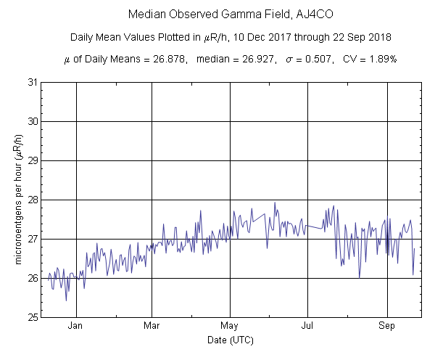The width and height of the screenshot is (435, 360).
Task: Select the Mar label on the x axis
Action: tap(152, 326)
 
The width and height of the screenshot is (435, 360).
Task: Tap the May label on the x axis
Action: tap(230, 326)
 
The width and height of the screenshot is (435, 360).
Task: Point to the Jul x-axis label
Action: tap(309, 326)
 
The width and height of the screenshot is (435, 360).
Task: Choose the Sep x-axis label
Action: tap(387, 326)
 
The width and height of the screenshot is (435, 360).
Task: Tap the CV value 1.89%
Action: tap(380, 58)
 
